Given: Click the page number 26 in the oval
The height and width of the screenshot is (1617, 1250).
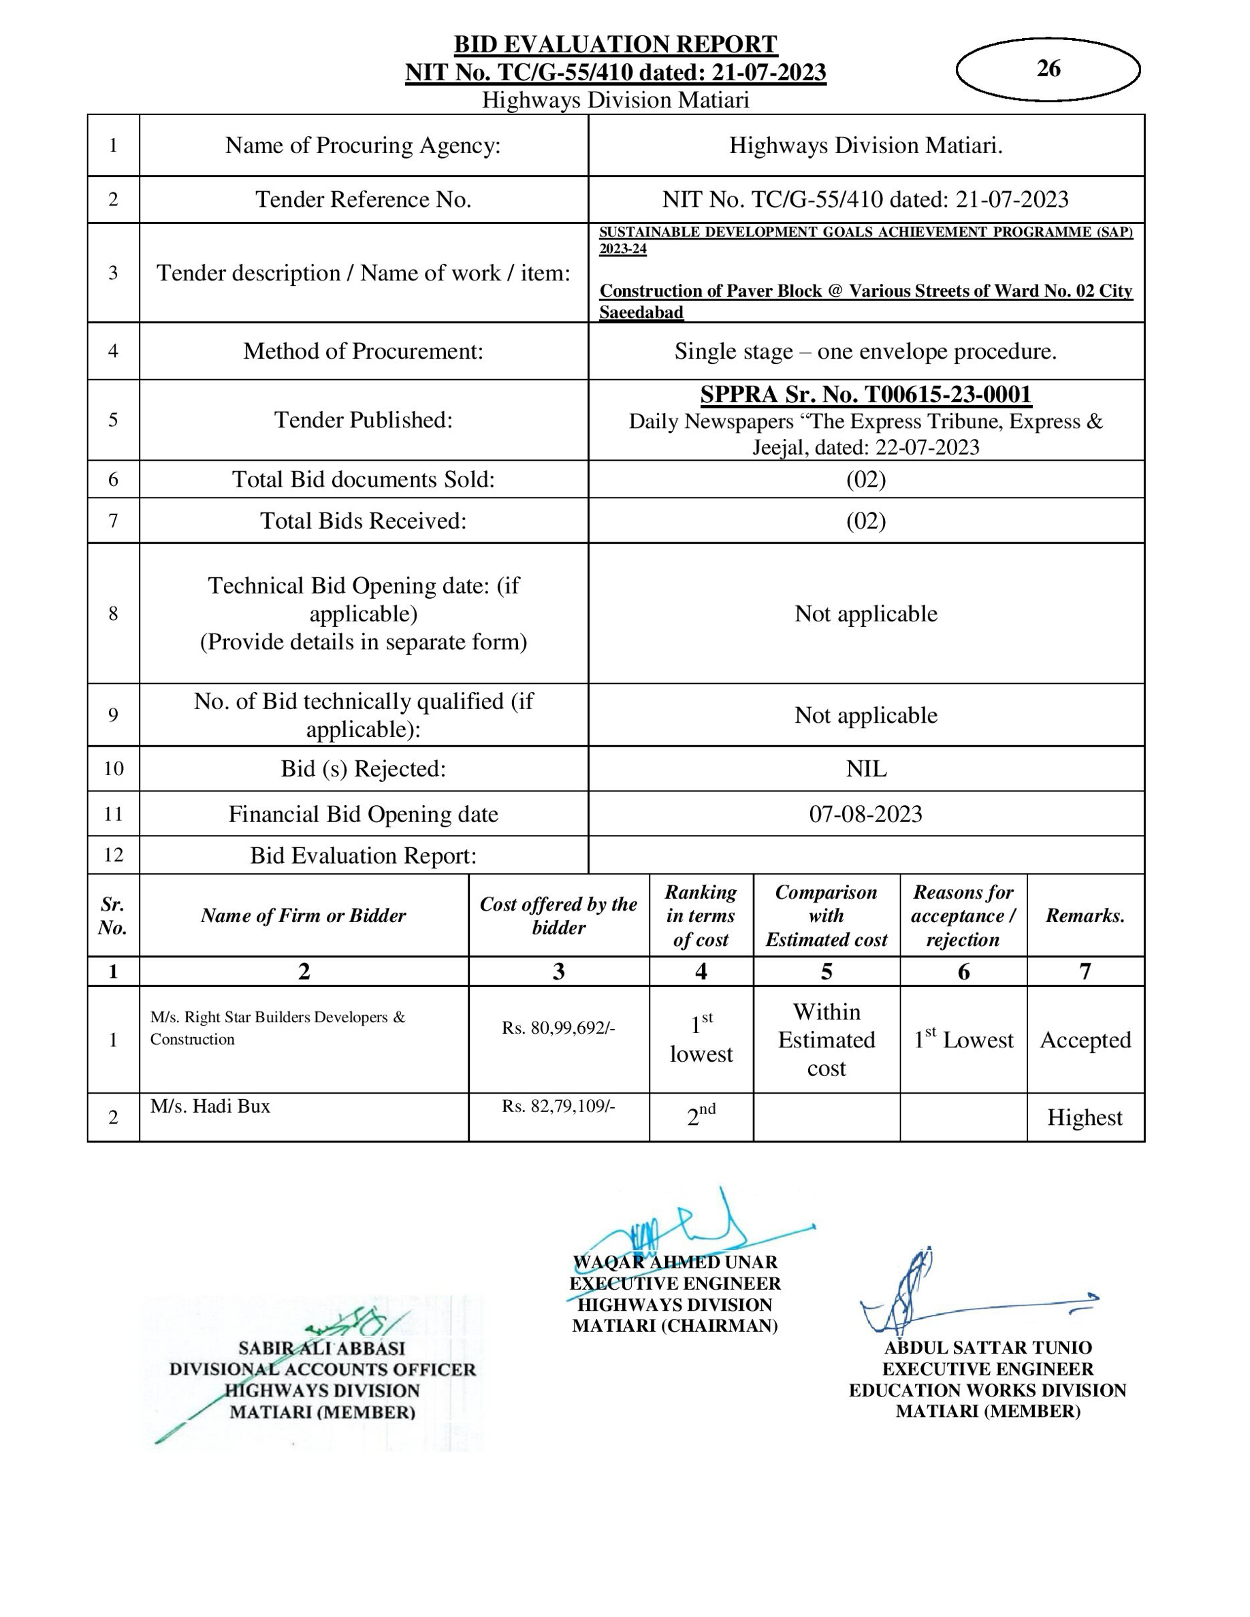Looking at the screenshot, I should (1048, 69).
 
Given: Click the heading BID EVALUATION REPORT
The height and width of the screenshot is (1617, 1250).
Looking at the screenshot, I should (615, 44).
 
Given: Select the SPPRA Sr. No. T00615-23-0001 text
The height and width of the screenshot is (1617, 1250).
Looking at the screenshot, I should (865, 395).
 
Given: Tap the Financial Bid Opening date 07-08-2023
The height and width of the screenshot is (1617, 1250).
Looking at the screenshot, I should (865, 814).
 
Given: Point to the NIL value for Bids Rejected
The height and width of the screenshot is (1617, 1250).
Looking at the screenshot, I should (865, 768).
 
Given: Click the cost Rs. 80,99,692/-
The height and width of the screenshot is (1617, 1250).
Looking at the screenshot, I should (558, 1028).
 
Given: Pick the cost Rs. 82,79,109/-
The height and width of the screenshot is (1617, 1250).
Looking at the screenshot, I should (558, 1105).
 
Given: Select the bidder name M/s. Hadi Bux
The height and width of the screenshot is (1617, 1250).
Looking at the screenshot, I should (210, 1106).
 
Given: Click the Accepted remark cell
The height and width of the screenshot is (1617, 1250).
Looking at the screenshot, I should (1085, 1039).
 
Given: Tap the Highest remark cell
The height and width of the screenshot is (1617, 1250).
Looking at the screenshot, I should (1085, 1117).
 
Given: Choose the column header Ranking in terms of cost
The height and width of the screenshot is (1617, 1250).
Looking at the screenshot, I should (701, 915).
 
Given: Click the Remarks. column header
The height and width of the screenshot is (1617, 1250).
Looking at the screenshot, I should (1085, 916).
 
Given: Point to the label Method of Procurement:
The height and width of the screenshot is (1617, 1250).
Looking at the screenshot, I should (363, 351).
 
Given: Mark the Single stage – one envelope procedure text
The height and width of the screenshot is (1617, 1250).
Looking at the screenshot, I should (865, 351).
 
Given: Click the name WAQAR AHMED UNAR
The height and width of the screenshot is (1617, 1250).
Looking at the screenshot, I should (675, 1262).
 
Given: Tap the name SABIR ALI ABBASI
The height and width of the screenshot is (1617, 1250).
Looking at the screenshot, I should (322, 1348).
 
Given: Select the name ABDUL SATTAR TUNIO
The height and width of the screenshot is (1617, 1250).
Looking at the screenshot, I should (988, 1347).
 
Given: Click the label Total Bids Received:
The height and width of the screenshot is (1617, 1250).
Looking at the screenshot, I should (363, 521).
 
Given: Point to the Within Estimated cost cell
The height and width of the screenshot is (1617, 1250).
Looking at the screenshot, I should (827, 1039).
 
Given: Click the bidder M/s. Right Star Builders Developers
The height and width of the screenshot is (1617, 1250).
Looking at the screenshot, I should (278, 1017).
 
